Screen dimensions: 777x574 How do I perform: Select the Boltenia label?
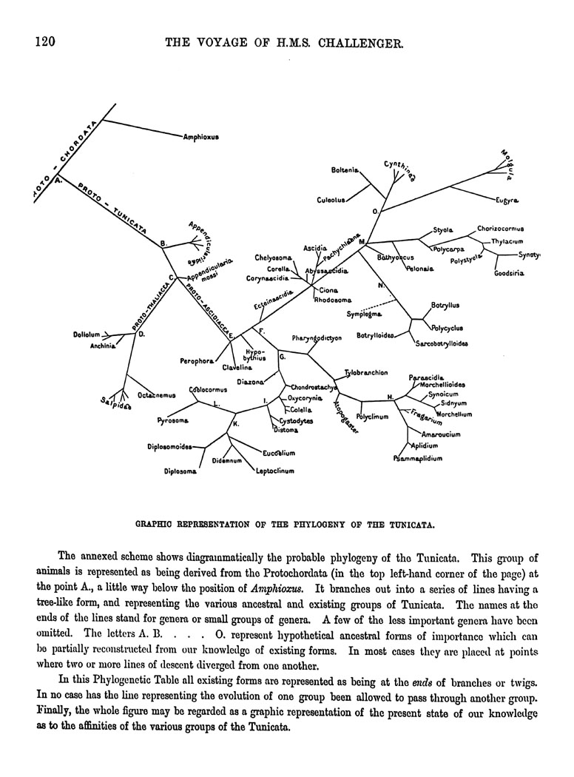point(345,170)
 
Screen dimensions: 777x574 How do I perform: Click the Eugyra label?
point(507,201)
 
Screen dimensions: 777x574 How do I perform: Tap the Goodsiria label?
point(508,274)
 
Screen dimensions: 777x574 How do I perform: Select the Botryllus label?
point(445,304)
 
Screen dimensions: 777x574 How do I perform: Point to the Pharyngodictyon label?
point(317,338)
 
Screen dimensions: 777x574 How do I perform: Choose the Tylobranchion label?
point(366,373)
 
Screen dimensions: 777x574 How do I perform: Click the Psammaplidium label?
point(417,459)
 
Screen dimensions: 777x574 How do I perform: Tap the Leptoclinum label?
point(275,471)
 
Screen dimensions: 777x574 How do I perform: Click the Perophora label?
point(195,361)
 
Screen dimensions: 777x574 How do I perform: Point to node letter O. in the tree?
point(375,212)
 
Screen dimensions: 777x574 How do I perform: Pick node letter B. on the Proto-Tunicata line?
point(163,243)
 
